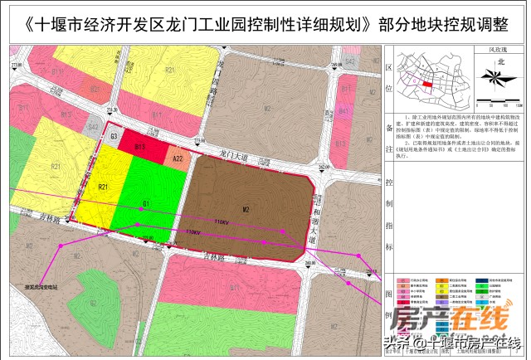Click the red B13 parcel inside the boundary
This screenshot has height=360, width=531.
tap(141, 148)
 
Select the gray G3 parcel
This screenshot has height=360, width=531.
tap(114, 137)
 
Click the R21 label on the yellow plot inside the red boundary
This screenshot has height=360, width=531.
tap(104, 187)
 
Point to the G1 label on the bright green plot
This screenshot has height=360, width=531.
tap(144, 203)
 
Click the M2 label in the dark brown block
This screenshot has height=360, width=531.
tap(246, 210)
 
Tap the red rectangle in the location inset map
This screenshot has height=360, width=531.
tap(427, 84)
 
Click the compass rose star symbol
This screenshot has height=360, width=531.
tap(497, 78)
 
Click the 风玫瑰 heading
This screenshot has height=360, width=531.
tap(496, 50)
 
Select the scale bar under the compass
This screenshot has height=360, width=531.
tap(496, 105)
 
